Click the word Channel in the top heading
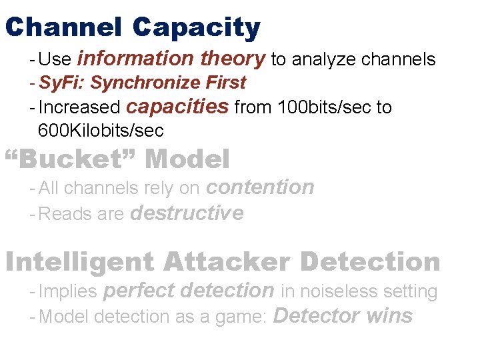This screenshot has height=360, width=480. point(63,28)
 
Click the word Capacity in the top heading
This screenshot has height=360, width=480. point(196,28)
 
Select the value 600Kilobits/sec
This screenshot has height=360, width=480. point(101,130)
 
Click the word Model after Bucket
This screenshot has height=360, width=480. point(187,159)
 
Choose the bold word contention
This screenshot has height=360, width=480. point(260,187)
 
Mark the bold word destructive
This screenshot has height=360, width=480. point(187,213)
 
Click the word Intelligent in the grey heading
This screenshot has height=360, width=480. point(80,262)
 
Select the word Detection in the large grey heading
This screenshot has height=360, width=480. point(370,262)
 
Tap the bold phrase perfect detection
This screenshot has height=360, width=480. point(189,291)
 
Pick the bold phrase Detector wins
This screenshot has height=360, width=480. point(343,315)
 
